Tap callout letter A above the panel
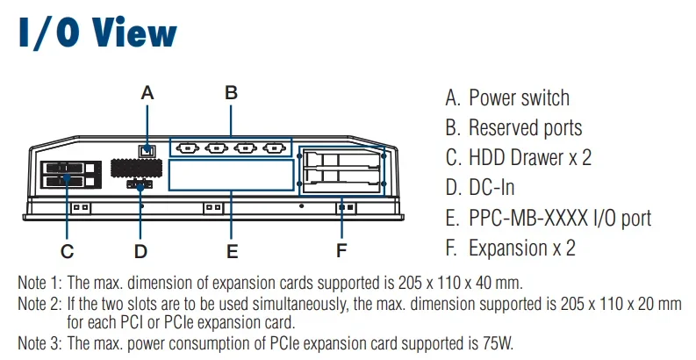click(147, 91)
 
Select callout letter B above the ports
click(231, 91)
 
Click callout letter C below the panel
click(67, 251)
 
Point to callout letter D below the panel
click(140, 251)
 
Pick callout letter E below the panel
click(232, 251)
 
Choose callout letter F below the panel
click(342, 251)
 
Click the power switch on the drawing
click(147, 150)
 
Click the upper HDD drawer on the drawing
click(66, 167)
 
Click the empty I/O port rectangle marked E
click(231, 174)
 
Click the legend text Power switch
click(519, 97)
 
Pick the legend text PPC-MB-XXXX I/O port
click(560, 218)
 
